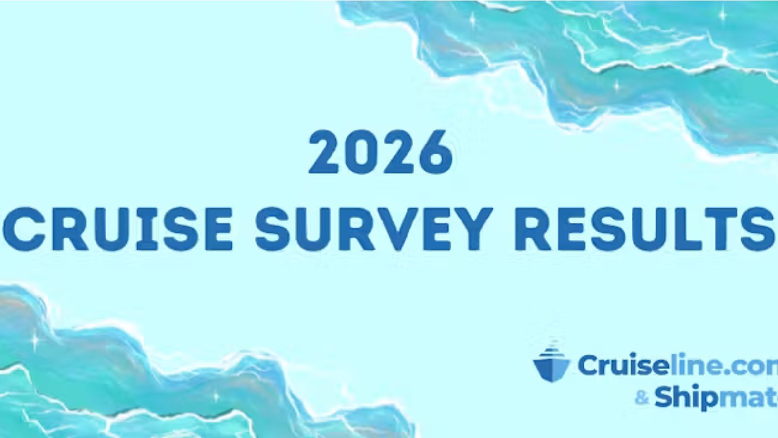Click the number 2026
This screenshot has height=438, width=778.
380,152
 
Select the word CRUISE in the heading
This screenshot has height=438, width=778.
118,229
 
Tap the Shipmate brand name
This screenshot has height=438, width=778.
716,398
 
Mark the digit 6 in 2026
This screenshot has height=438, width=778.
436,152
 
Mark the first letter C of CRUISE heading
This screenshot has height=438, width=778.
22,229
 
